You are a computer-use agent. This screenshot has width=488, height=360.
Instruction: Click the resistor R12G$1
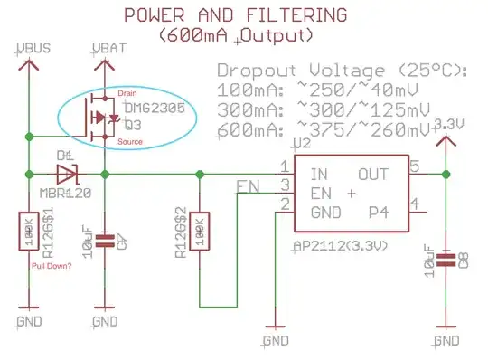click(x=31, y=235)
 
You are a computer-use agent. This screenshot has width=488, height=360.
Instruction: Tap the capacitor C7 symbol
click(x=105, y=241)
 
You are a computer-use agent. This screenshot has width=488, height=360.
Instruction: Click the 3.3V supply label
click(x=448, y=123)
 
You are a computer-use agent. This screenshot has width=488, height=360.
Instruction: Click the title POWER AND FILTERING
click(x=234, y=15)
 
